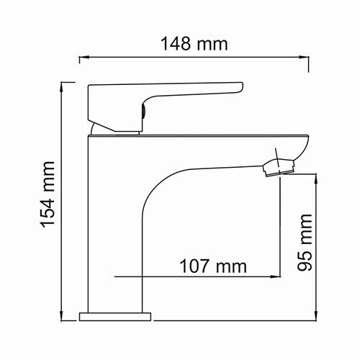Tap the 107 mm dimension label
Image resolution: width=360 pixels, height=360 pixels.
pos(212,267)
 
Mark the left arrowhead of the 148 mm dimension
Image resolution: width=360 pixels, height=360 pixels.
pos(84,55)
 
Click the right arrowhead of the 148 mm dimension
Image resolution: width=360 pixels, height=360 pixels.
pos(305,55)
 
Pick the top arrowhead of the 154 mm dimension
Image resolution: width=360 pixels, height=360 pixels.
pos(64,85)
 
